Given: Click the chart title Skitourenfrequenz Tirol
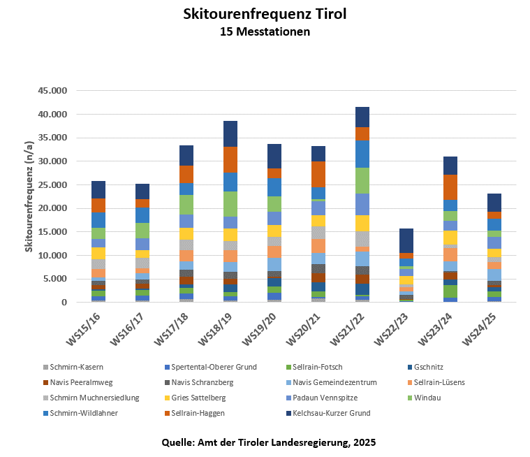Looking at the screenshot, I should (x=264, y=14).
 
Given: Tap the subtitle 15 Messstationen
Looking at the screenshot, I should (x=264, y=31).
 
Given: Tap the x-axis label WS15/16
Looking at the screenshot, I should (x=84, y=325).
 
